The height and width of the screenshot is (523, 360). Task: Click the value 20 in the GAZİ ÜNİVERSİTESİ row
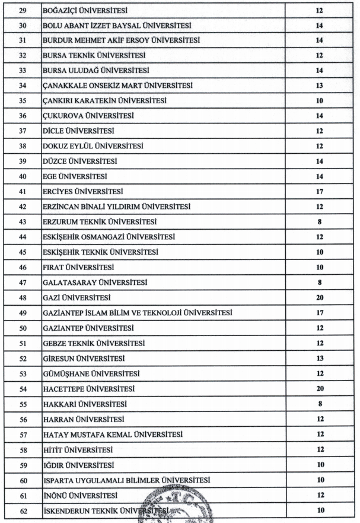tap(319, 296)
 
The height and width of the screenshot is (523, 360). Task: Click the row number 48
tap(23, 296)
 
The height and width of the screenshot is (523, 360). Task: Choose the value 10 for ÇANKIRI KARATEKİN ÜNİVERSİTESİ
tap(319, 101)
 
